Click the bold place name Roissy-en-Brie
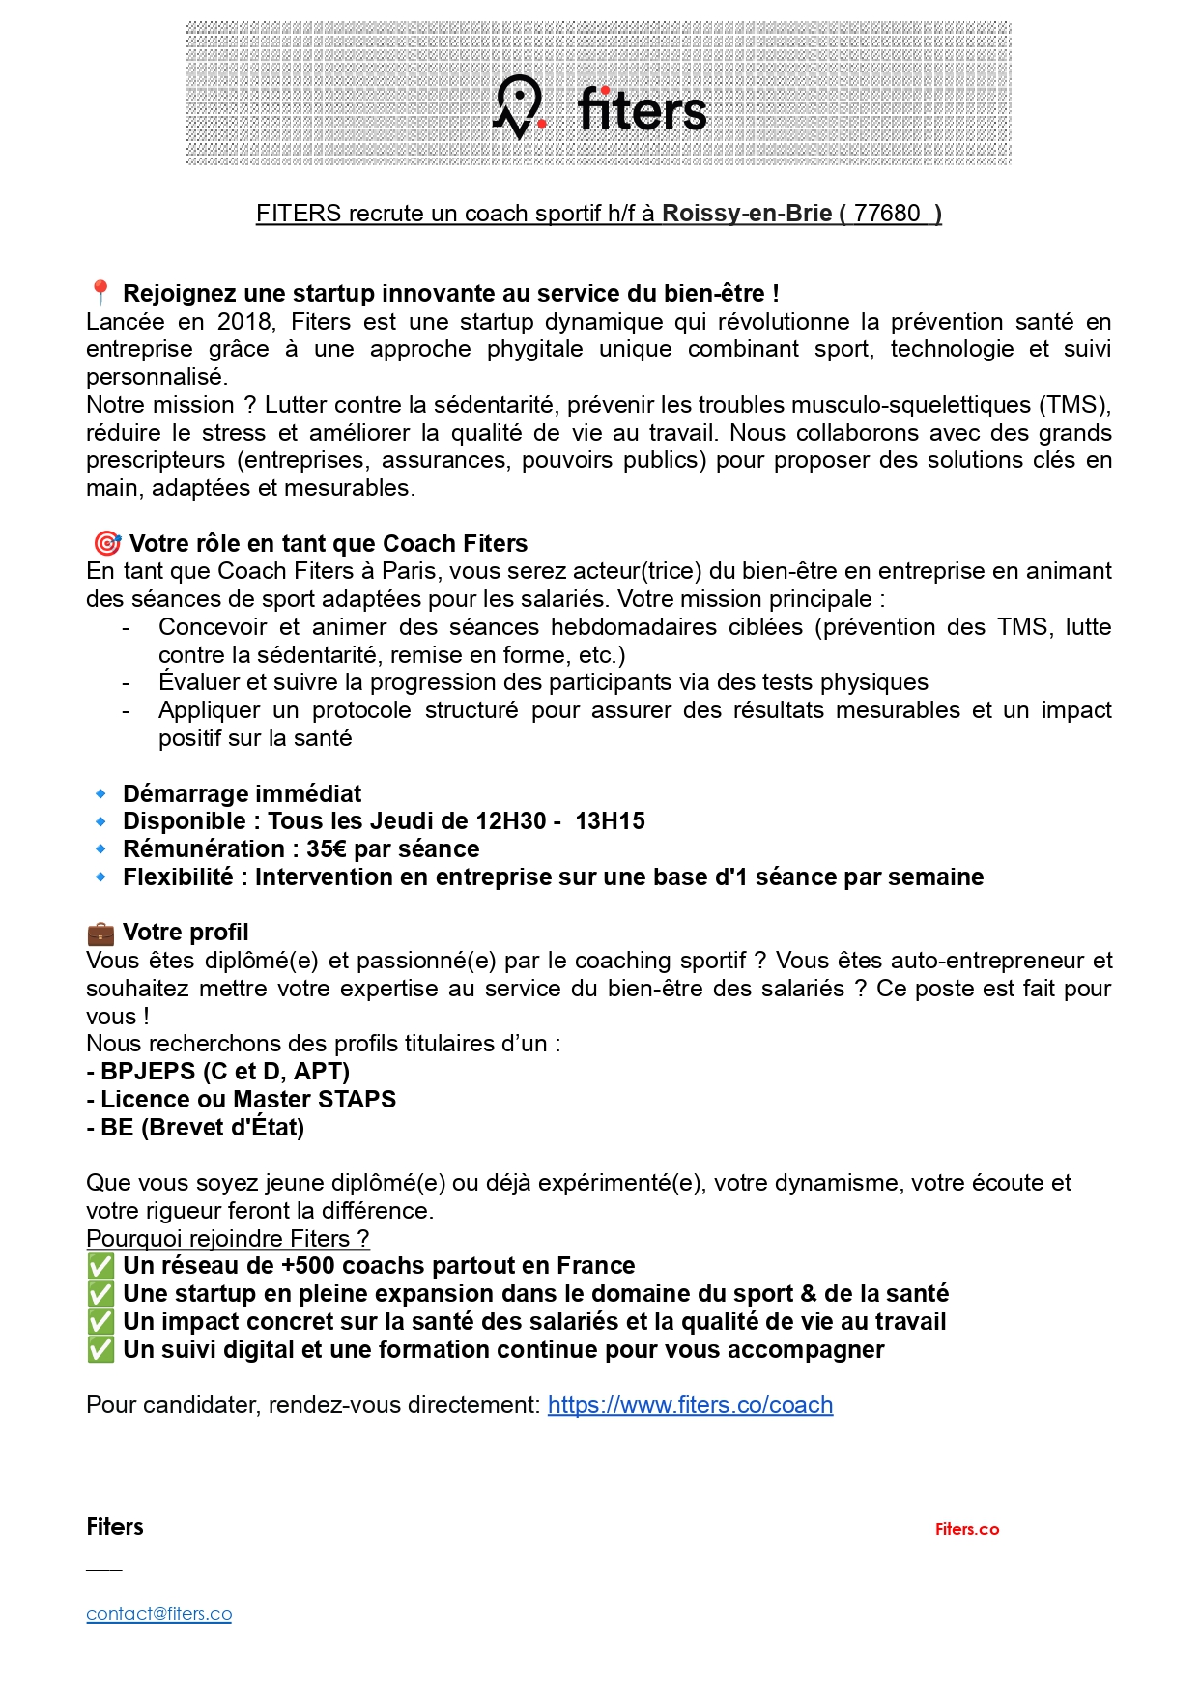(746, 214)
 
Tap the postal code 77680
(886, 214)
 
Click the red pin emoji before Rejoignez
(100, 293)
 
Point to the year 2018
(246, 321)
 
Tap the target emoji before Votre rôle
(106, 543)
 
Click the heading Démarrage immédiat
(242, 794)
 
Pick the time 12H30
(511, 821)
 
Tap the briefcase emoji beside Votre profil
(100, 933)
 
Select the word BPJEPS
(147, 1072)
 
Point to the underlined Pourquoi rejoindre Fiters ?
(227, 1239)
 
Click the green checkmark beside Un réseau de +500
(100, 1266)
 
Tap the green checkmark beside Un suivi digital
(100, 1350)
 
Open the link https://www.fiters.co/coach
(690, 1405)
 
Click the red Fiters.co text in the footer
(966, 1529)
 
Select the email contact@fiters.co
(158, 1614)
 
